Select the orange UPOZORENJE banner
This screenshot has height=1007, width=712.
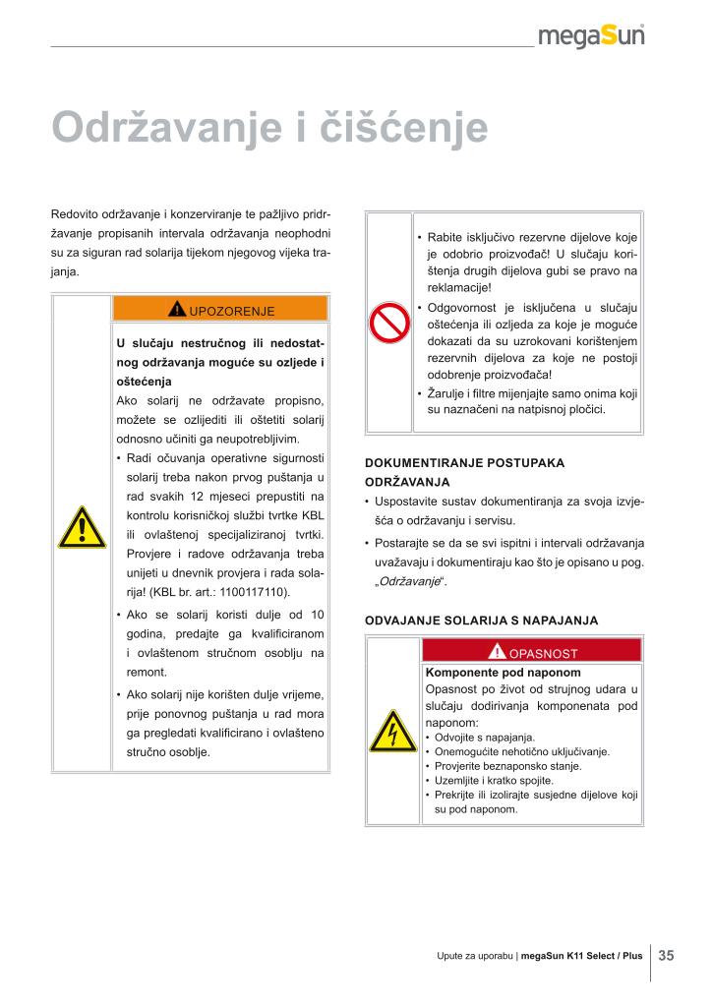tap(220, 311)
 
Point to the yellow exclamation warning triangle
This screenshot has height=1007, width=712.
tap(81, 530)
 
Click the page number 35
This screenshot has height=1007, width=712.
tap(666, 955)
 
